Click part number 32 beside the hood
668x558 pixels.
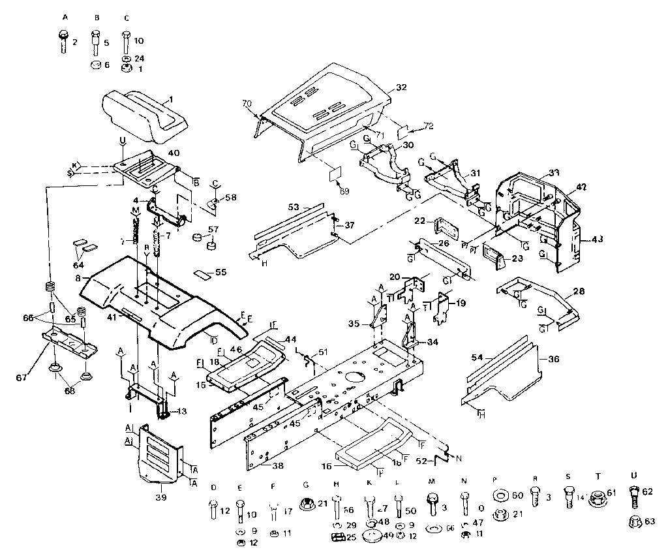401,87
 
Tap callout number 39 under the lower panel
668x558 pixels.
160,497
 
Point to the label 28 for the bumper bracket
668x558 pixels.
579,291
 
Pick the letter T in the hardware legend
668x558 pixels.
598,478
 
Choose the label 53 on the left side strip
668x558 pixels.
296,207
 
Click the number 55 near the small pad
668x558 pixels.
220,271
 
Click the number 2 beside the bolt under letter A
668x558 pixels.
74,42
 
